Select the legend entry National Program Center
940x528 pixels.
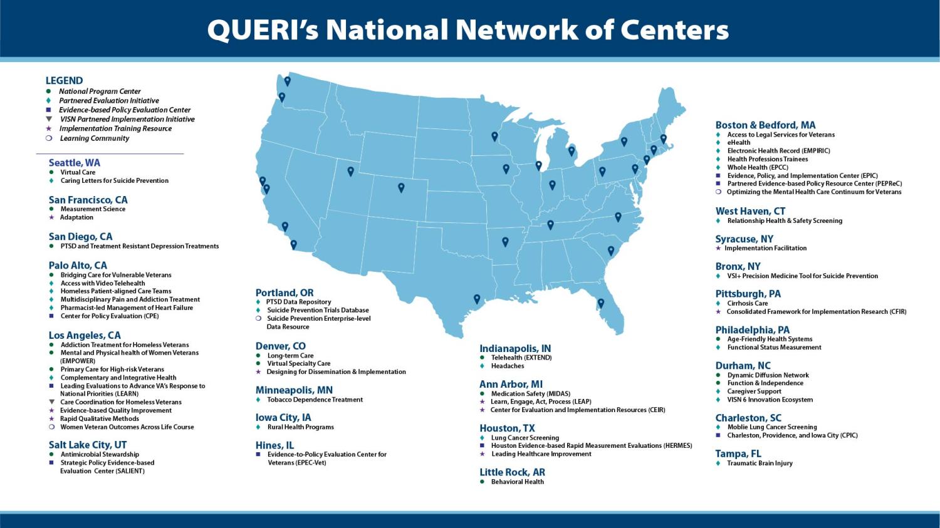100,91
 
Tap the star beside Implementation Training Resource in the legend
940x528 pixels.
49,129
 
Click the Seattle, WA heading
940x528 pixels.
75,163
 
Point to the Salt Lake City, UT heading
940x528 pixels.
88,445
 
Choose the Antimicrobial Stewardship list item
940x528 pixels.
100,455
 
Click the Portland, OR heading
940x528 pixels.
285,292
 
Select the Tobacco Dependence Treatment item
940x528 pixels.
315,400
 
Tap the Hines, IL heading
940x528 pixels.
274,445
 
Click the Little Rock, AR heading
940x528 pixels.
512,472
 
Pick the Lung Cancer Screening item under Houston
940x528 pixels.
525,438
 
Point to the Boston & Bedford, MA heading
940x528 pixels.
765,125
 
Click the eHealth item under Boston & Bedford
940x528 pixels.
738,143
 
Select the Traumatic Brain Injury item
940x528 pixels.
760,463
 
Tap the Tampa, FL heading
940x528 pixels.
738,453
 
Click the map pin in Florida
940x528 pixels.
600,303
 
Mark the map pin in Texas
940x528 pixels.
477,299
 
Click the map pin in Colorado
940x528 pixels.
401,187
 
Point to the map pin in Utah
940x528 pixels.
350,171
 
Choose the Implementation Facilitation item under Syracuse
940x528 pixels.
765,248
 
